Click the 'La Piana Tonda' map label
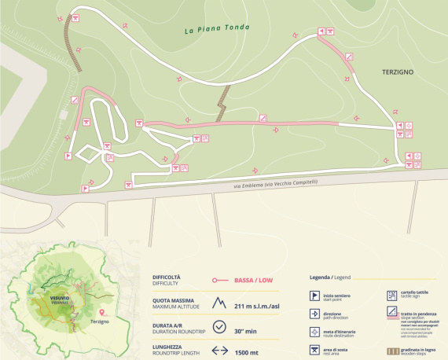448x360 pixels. (x=216, y=30)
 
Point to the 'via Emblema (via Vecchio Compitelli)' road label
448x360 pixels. (x=275, y=182)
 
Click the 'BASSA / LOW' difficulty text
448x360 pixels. (x=259, y=279)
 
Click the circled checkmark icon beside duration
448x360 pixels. (x=220, y=328)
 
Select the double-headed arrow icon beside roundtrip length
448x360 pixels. (x=220, y=352)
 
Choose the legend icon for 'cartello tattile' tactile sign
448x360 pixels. (x=391, y=296)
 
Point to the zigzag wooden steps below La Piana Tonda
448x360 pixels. (x=222, y=103)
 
